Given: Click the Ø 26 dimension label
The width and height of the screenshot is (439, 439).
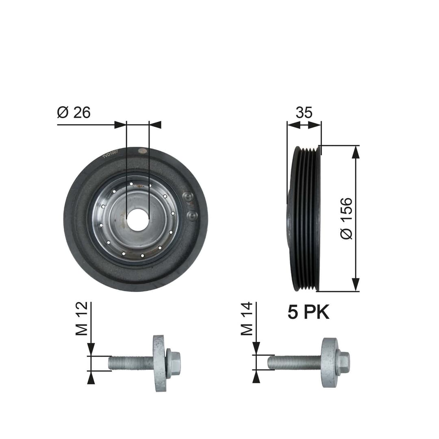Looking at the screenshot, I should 74,113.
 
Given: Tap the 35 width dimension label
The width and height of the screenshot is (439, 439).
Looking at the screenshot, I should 304,113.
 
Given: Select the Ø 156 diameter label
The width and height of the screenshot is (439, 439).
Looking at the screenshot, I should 347,218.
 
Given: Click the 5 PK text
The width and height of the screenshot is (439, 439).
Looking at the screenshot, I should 309,312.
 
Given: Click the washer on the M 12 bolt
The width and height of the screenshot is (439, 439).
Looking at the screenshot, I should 159,363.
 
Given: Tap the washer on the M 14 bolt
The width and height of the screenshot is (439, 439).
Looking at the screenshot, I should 330,362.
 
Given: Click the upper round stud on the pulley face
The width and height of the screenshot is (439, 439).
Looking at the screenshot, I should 188,197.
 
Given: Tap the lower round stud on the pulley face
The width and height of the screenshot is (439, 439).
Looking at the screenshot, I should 191,215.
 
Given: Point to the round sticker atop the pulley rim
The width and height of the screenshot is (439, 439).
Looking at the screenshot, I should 142,151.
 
